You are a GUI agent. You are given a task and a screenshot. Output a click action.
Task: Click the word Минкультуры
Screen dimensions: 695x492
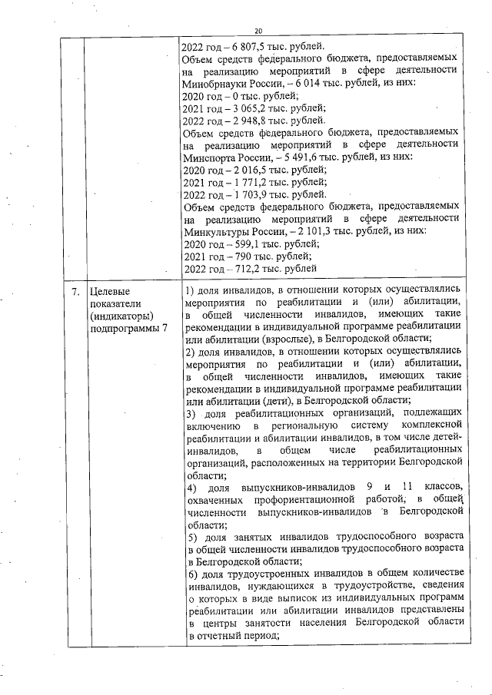[x=218, y=230]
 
